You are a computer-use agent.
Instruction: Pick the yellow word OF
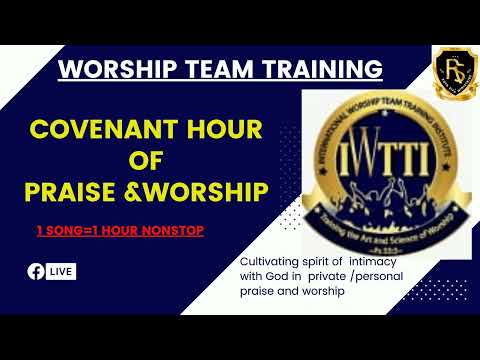point(147,162)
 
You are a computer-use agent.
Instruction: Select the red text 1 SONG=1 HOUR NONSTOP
point(119,231)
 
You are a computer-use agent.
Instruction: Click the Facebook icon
point(35,271)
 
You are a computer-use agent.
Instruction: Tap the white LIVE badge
point(60,271)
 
